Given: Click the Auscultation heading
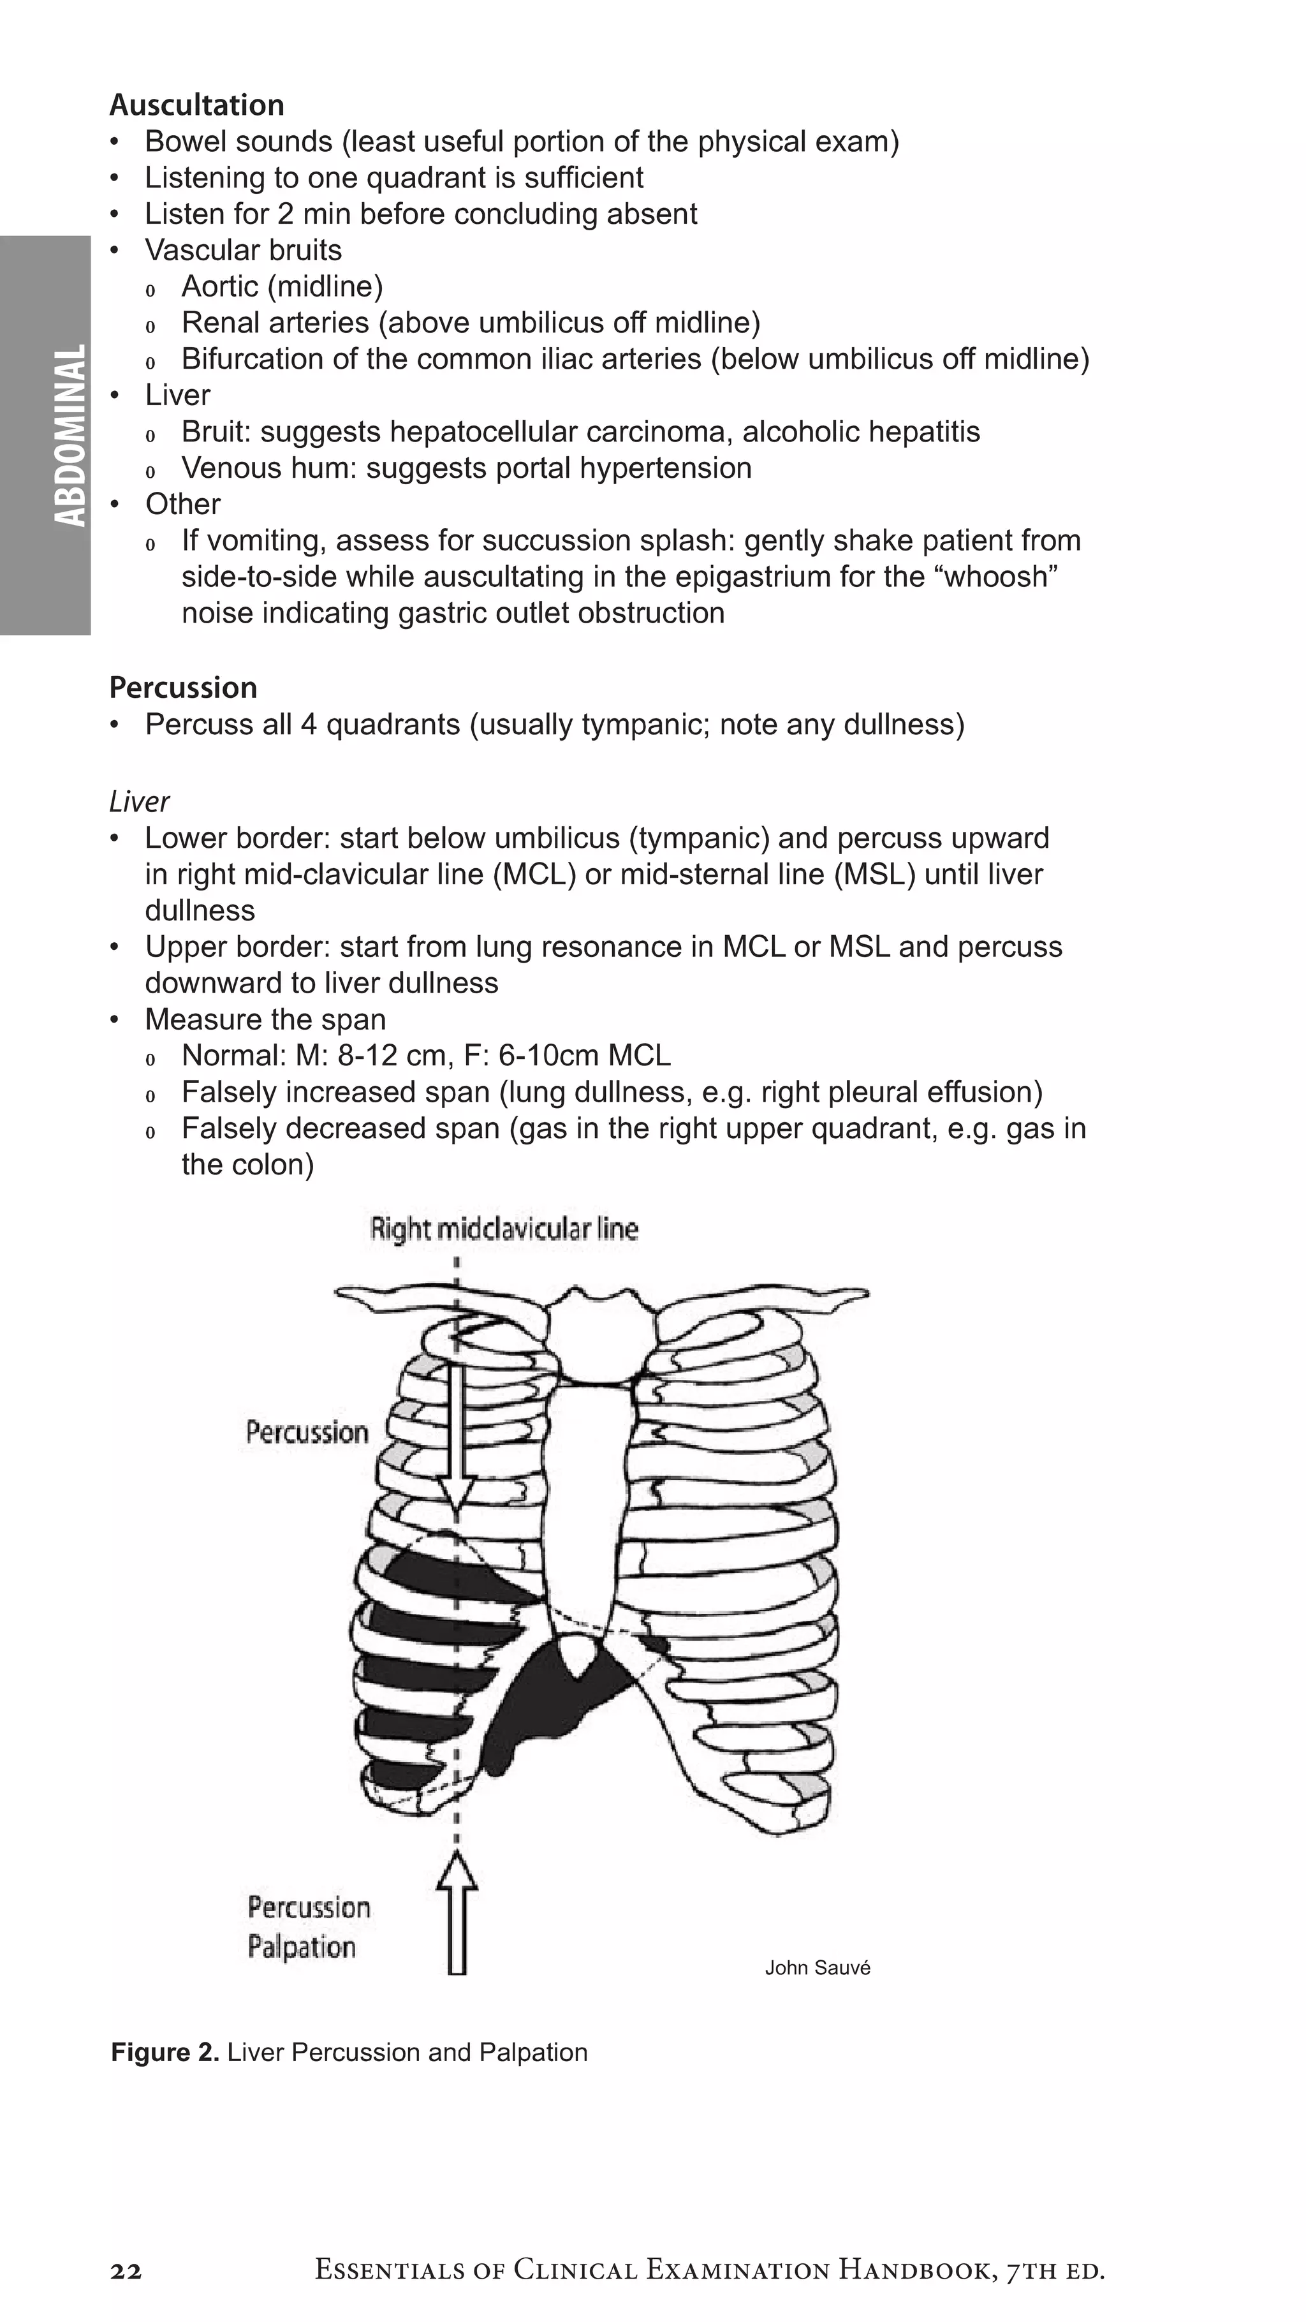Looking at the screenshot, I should click(x=196, y=105).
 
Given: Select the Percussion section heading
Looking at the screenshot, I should click(x=183, y=688).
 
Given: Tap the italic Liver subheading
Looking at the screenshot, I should click(x=139, y=801).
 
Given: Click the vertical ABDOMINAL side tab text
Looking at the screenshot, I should click(x=70, y=435).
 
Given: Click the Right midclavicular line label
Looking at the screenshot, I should click(x=504, y=1229).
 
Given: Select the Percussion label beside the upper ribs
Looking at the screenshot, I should click(x=307, y=1432).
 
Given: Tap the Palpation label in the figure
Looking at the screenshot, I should click(x=302, y=1947).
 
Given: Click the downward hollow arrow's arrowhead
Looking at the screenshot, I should click(x=457, y=1521).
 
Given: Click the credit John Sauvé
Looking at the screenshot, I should click(x=818, y=1968).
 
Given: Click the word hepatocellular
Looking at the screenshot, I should click(x=483, y=432).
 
